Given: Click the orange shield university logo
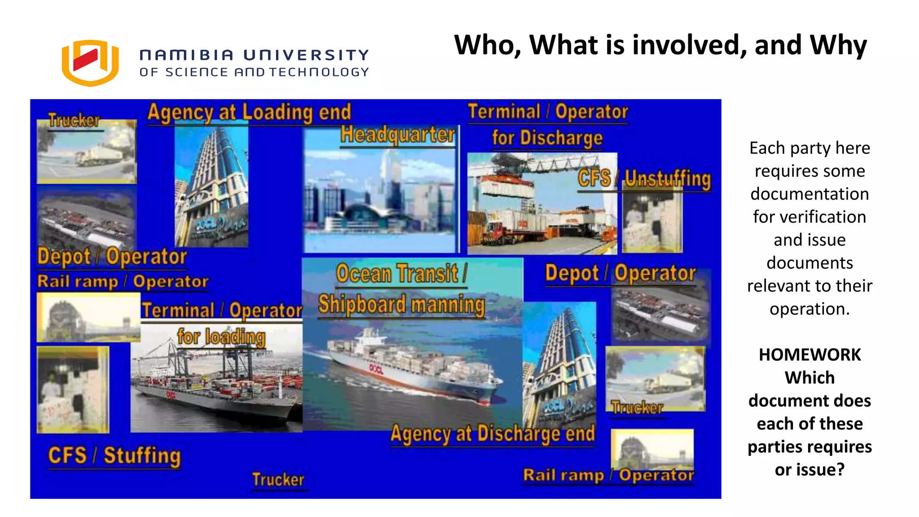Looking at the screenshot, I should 90,63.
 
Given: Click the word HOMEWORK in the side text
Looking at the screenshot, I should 810,355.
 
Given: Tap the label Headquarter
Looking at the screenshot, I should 398,134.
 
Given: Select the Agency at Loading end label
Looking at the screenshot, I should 249,112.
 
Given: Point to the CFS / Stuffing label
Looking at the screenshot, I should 114,456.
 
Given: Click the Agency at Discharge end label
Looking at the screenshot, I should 493,434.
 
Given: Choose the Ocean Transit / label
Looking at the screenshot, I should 402,273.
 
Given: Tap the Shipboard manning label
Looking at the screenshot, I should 402,304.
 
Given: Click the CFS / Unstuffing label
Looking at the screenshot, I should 644,179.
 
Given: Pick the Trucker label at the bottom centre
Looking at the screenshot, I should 278,480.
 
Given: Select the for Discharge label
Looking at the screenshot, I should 547,138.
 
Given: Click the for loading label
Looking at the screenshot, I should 221,337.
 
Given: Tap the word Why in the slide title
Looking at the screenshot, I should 838,45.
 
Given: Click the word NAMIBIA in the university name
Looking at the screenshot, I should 187,55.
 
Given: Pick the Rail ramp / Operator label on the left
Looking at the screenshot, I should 123,282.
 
